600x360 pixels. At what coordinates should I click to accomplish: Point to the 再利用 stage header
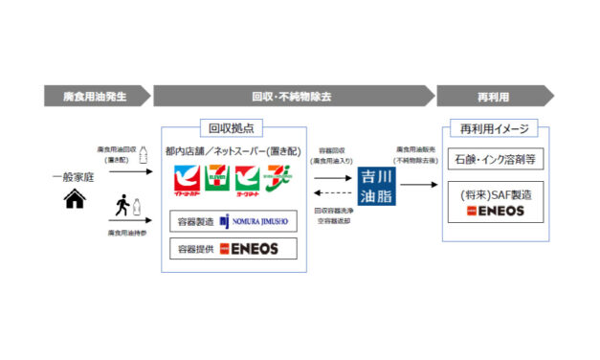(492, 96)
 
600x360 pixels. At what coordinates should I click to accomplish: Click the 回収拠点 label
(232, 127)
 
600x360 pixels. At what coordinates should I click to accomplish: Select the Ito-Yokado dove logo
(189, 179)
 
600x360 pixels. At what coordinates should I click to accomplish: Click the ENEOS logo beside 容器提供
(251, 249)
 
